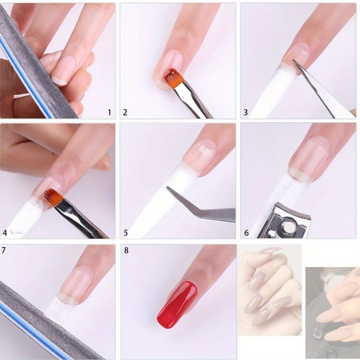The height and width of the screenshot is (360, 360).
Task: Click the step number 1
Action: click(110, 113)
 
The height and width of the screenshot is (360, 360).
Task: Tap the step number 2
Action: click(125, 113)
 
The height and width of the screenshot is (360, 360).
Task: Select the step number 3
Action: click(246, 113)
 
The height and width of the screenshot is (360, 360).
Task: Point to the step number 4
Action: click(5, 233)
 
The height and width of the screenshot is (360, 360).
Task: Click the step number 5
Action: click(126, 233)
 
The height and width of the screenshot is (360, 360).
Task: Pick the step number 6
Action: click(246, 233)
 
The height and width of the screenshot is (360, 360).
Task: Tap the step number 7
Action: click(3, 250)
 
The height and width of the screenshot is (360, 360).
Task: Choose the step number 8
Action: click(126, 250)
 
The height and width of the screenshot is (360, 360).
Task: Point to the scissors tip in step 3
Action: click(293, 60)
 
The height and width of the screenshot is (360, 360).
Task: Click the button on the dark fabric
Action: click(318, 333)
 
